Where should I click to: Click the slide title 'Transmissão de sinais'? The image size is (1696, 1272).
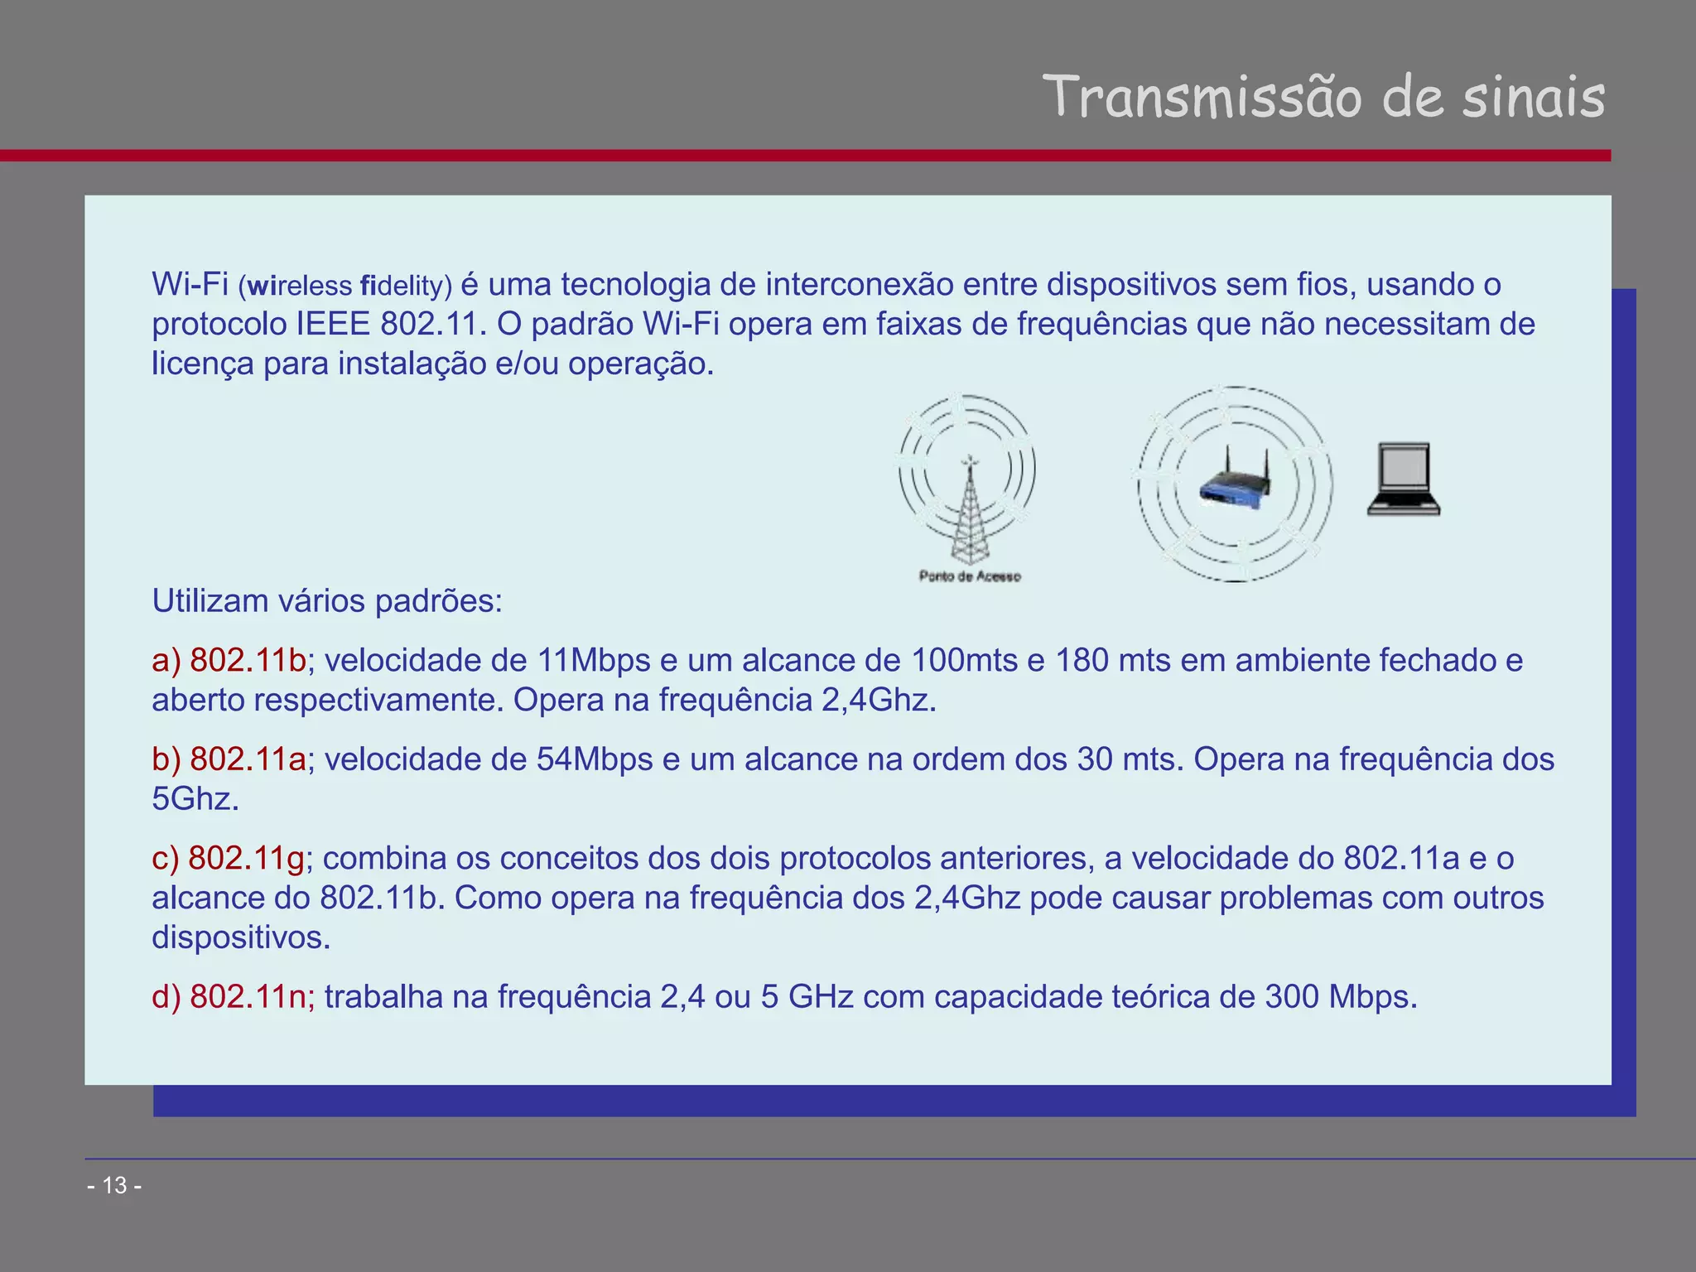tap(1323, 98)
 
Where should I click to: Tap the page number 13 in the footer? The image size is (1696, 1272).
tap(114, 1186)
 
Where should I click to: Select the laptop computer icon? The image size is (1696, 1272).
tap(1404, 480)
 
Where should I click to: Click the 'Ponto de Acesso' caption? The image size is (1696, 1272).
tap(970, 576)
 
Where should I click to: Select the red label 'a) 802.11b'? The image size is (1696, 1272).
tap(229, 661)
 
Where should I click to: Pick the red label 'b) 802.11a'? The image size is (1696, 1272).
tap(229, 759)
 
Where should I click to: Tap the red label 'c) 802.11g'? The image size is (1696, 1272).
tap(228, 859)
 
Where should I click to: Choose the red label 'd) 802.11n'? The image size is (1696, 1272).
tap(233, 997)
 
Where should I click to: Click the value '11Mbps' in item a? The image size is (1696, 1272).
tap(594, 661)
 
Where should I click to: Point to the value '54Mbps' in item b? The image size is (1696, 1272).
tap(595, 759)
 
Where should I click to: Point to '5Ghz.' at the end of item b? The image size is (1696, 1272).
tap(195, 799)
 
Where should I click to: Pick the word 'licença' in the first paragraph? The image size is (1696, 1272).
tap(202, 364)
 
